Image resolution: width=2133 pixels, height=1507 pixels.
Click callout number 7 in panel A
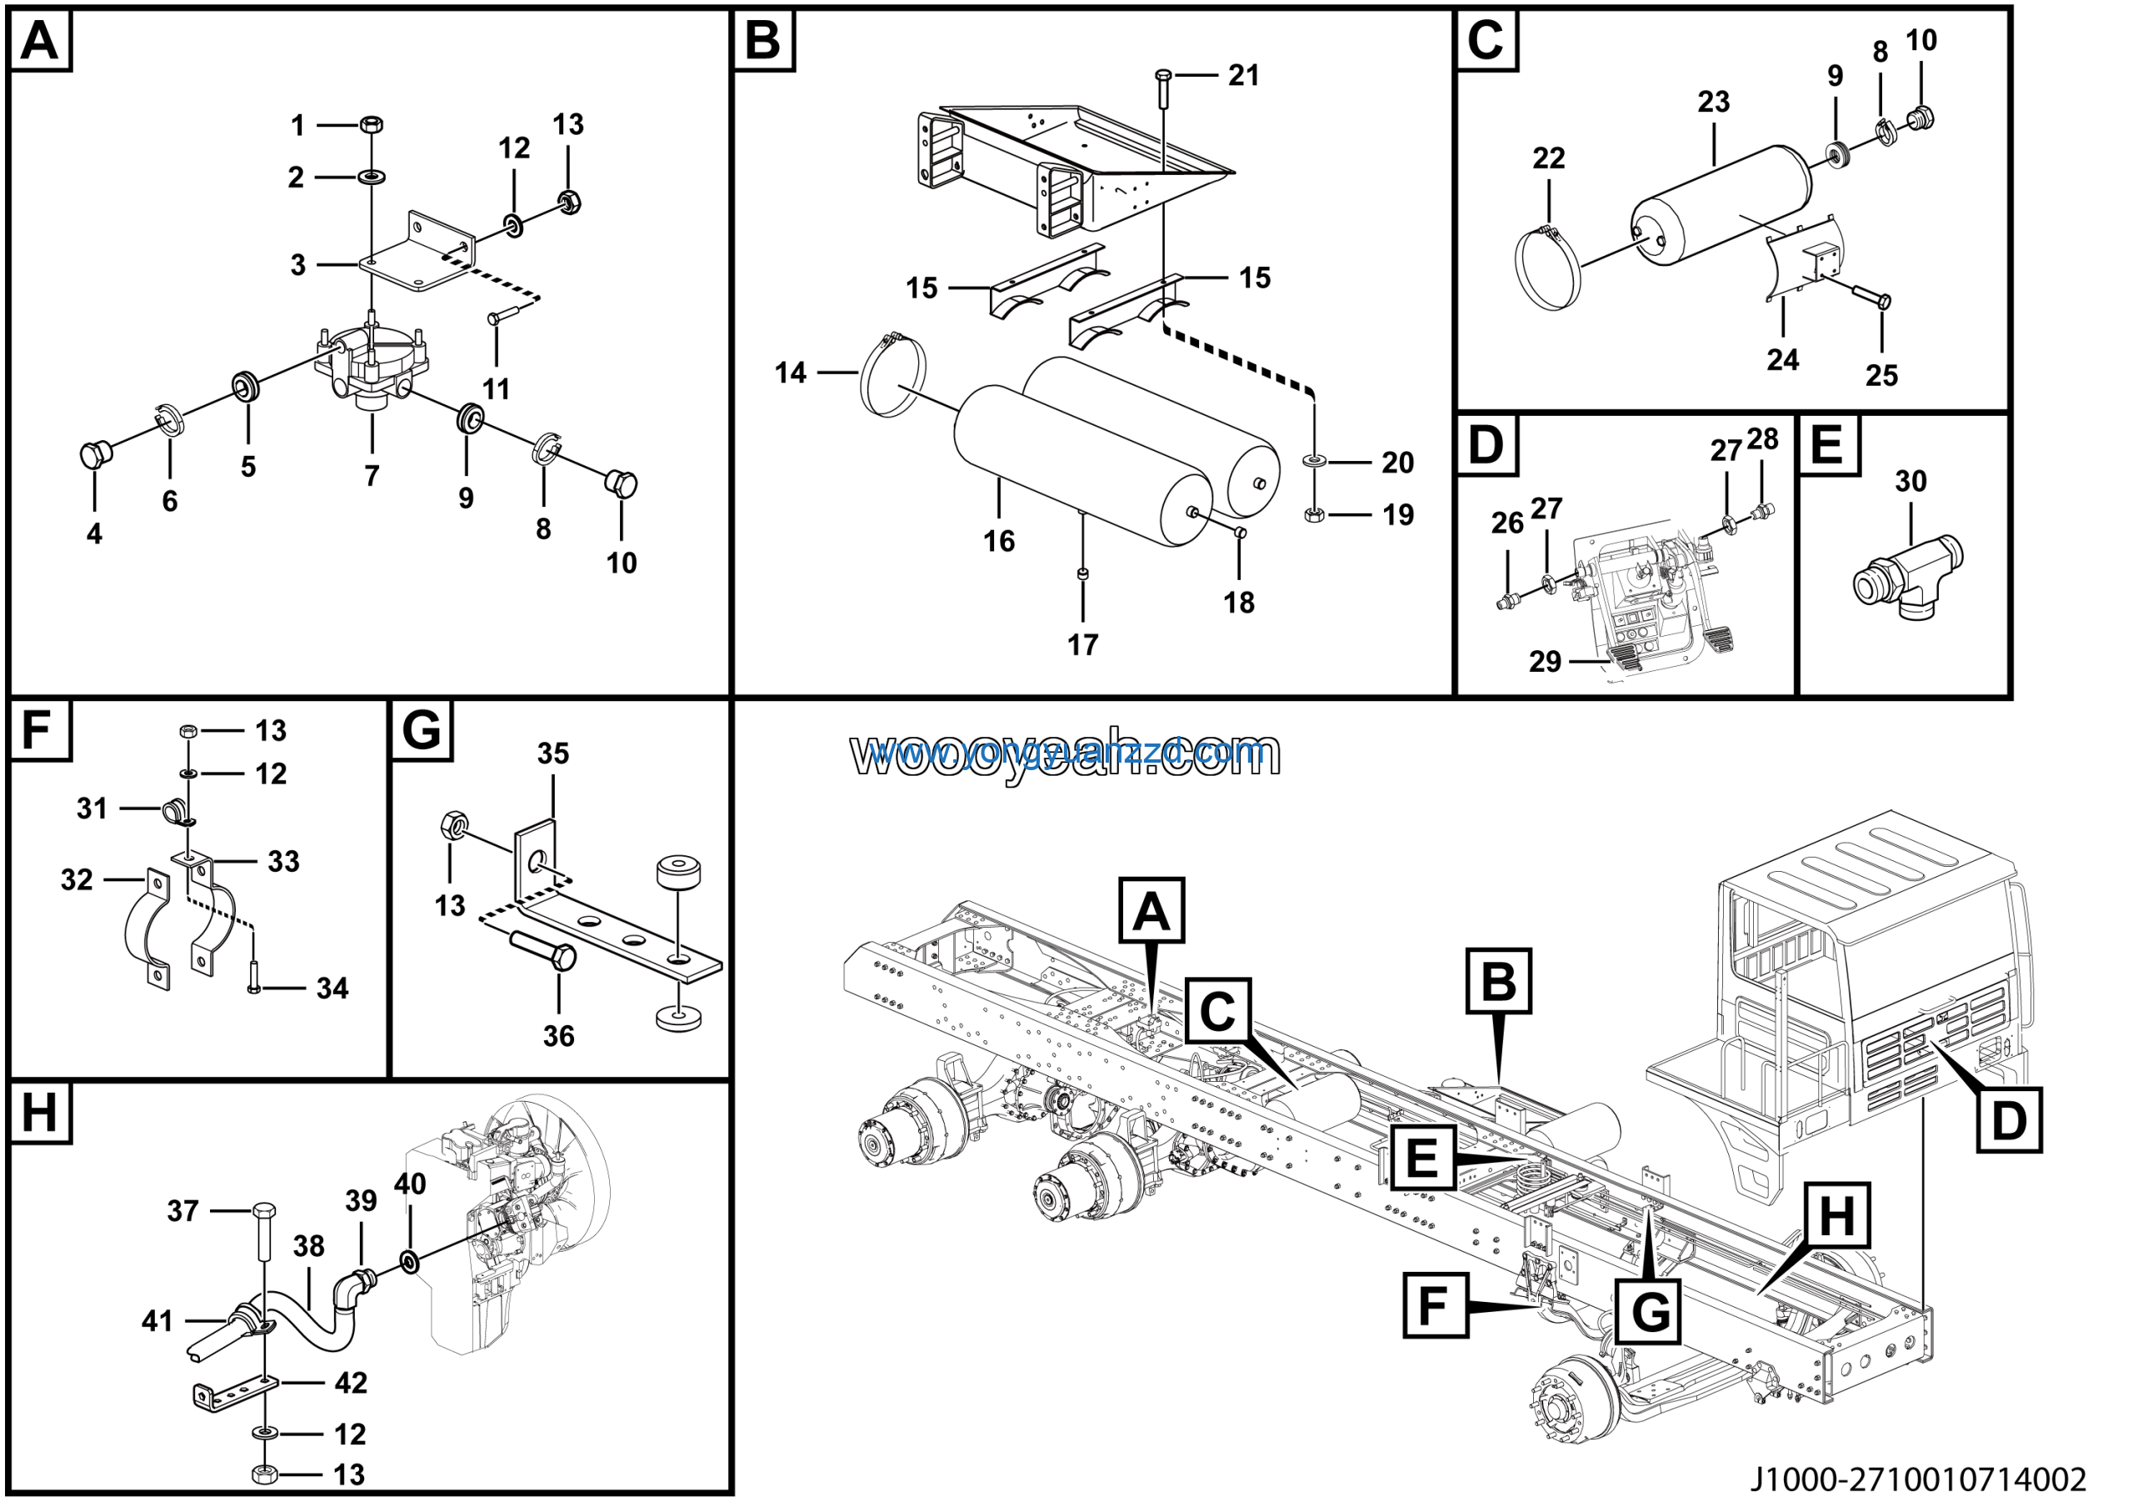(x=372, y=476)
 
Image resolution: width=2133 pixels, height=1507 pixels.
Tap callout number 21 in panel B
(x=1243, y=75)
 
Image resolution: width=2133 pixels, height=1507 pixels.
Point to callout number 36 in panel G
(x=558, y=1036)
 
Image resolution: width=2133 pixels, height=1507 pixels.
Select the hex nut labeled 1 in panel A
(x=372, y=123)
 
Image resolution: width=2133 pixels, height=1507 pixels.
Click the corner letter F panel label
(x=38, y=730)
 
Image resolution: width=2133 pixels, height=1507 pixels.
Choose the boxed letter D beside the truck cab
(x=2009, y=1119)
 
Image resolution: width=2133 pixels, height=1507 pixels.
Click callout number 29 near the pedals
(x=1545, y=662)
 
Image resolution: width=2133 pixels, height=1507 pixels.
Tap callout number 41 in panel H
(x=157, y=1320)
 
